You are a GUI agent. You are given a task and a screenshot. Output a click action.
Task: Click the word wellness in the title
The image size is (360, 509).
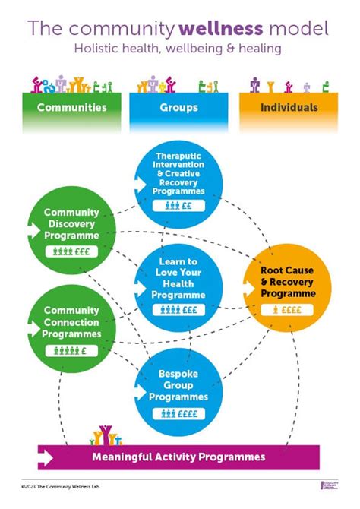point(220,29)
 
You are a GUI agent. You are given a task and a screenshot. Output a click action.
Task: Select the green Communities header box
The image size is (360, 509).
point(72,108)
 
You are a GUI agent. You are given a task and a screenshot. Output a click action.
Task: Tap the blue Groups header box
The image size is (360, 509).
point(179,108)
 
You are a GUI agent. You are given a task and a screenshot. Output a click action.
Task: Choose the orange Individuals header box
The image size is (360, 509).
point(289,108)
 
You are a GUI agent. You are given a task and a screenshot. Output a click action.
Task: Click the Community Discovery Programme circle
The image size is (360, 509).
point(72,225)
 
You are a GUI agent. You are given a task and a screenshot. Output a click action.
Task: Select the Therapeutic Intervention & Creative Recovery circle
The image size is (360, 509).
point(179,182)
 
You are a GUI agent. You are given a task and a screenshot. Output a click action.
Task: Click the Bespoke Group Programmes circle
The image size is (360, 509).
point(179,392)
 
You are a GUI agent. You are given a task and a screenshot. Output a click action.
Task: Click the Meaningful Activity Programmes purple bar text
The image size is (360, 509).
point(179,457)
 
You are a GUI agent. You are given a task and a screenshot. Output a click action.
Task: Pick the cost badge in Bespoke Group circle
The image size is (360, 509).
point(179,414)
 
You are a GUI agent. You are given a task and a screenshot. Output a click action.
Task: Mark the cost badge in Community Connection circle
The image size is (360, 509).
point(72,350)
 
